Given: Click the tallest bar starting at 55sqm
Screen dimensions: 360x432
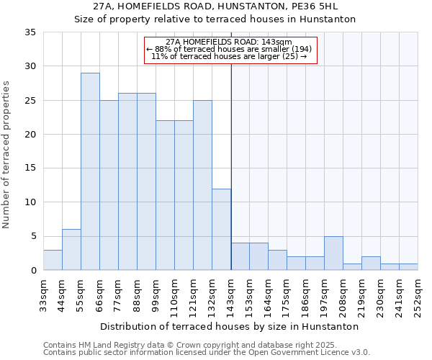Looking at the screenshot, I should click(x=90, y=171).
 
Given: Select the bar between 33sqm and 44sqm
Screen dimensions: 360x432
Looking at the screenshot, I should click(x=53, y=260).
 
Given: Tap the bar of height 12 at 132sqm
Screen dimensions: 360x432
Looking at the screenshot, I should click(x=221, y=229).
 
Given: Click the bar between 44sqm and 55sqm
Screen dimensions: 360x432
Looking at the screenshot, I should click(x=71, y=250).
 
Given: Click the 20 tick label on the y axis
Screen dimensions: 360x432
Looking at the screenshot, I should click(x=30, y=135).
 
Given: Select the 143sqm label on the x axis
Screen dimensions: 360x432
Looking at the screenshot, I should click(x=231, y=294).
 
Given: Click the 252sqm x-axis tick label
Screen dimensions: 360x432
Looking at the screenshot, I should click(x=418, y=294).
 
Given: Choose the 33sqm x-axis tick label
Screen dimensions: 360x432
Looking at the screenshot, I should click(x=44, y=294).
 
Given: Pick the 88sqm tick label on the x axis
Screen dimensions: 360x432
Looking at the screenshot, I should click(x=138, y=294).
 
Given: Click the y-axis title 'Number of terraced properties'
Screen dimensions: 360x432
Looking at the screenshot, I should click(x=6, y=155).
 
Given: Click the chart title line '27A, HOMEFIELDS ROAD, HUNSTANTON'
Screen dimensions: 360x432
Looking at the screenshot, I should click(x=215, y=6).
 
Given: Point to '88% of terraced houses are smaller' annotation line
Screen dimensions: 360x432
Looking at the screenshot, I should click(x=230, y=49).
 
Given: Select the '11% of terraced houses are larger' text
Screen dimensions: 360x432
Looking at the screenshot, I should click(x=230, y=56).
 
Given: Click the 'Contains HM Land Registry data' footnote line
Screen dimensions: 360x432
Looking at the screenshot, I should click(x=206, y=345).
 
